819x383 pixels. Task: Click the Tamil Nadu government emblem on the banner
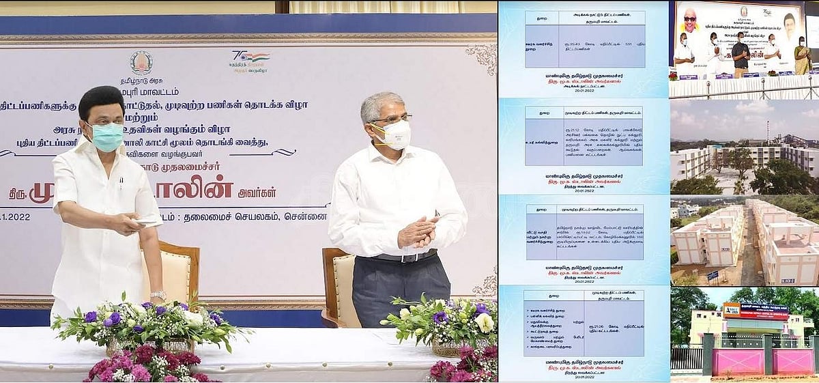(141, 63)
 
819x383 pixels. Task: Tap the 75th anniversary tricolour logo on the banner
(249, 59)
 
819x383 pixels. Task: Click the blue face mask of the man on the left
(106, 137)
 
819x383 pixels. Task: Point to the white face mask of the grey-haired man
(397, 134)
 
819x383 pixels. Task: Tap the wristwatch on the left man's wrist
(158, 295)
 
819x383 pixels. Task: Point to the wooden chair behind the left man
(177, 273)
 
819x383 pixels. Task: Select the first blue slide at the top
(583, 48)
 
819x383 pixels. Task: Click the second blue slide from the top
(583, 145)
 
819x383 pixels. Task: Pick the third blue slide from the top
(583, 239)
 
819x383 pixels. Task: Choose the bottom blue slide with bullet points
(583, 332)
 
